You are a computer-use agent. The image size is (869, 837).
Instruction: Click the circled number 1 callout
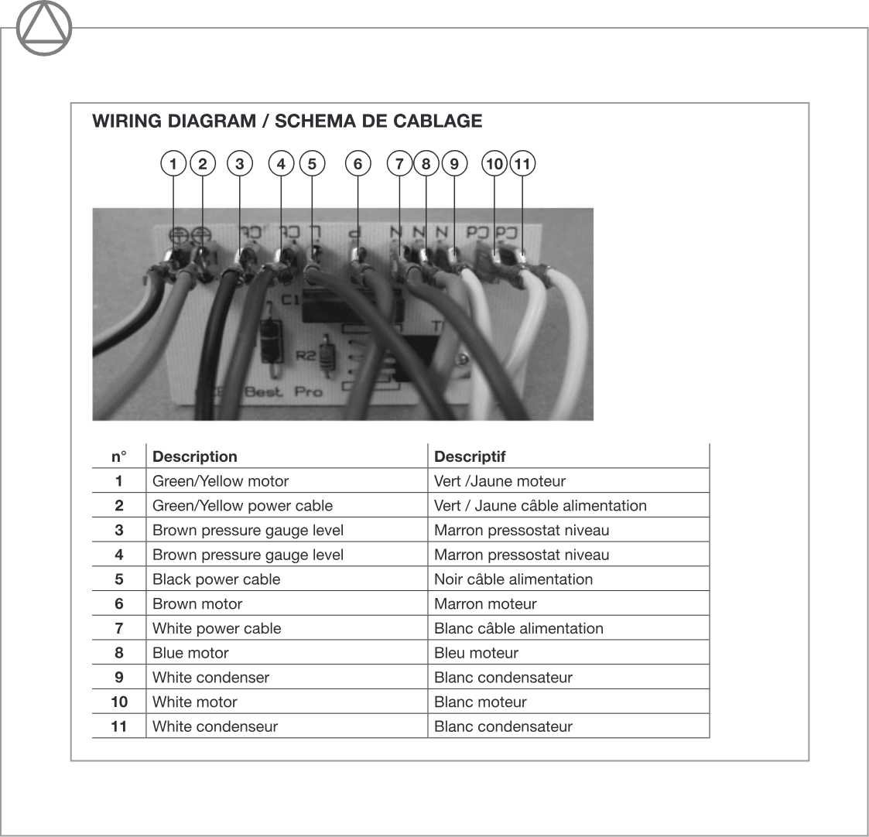pos(173,164)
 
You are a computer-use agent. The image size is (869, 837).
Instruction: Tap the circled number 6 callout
pos(358,164)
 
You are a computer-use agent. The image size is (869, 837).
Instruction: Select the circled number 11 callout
pos(522,164)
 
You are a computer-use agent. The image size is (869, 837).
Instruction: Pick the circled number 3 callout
pos(240,164)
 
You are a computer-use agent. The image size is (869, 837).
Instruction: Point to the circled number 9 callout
pos(454,164)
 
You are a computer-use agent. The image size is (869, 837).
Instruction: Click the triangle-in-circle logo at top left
pos(43,29)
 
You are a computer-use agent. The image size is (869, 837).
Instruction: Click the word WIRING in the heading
pos(124,121)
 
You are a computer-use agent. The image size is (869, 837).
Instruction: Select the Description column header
pos(195,456)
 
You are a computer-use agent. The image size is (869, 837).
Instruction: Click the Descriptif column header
pos(470,456)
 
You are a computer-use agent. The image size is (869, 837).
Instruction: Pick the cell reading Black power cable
pos(216,579)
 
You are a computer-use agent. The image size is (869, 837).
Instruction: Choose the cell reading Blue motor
pos(190,653)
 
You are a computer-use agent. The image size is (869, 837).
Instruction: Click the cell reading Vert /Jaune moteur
pos(500,481)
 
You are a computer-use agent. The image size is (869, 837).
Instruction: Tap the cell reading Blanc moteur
pos(480,702)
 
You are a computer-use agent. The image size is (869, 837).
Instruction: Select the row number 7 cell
pos(118,628)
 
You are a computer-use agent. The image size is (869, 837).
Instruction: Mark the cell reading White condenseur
pos(215,726)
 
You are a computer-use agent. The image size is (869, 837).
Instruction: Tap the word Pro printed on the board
pos(308,391)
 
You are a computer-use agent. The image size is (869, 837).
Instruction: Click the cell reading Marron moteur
pos(485,604)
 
